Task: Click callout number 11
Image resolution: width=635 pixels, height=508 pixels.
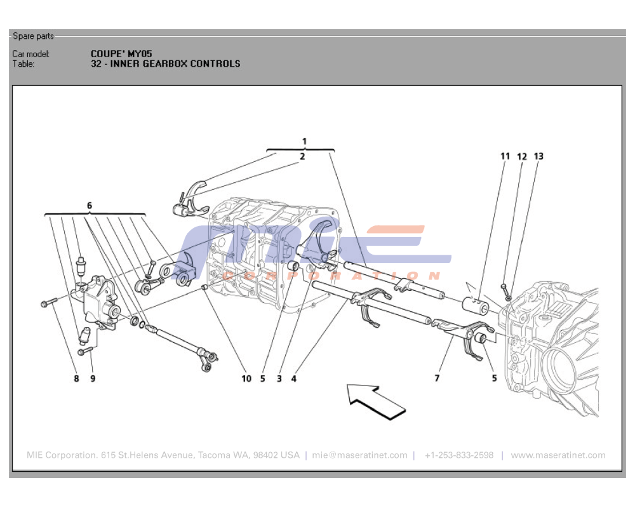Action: (x=505, y=156)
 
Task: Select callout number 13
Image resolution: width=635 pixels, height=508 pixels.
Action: (x=538, y=156)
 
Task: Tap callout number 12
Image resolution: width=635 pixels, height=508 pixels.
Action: (x=521, y=156)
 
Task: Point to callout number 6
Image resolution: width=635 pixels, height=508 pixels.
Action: (x=90, y=206)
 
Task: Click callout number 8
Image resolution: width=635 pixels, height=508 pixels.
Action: (x=76, y=379)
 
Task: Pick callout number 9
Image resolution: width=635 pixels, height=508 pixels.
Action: (x=93, y=379)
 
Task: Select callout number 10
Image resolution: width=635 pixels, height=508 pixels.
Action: (x=246, y=379)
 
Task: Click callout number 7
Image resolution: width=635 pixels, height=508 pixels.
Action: (x=437, y=379)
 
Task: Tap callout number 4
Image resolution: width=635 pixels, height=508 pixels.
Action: (x=294, y=379)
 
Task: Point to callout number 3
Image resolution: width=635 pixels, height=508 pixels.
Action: (x=279, y=379)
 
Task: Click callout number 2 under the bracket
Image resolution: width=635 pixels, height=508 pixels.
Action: (x=302, y=156)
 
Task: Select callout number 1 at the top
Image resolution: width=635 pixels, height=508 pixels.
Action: (x=304, y=141)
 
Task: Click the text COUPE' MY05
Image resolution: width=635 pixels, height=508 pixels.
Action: (x=121, y=54)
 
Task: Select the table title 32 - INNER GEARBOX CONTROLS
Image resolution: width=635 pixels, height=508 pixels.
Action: (x=165, y=63)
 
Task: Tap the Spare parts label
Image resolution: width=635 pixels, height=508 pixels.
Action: (x=33, y=36)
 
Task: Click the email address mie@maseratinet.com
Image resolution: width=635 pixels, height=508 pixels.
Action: (x=359, y=455)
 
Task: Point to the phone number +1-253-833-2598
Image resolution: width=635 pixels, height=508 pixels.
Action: (x=458, y=455)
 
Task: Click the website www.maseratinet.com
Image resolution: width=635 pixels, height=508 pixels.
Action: (x=558, y=455)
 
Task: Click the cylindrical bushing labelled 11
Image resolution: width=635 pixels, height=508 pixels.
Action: (x=475, y=305)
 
